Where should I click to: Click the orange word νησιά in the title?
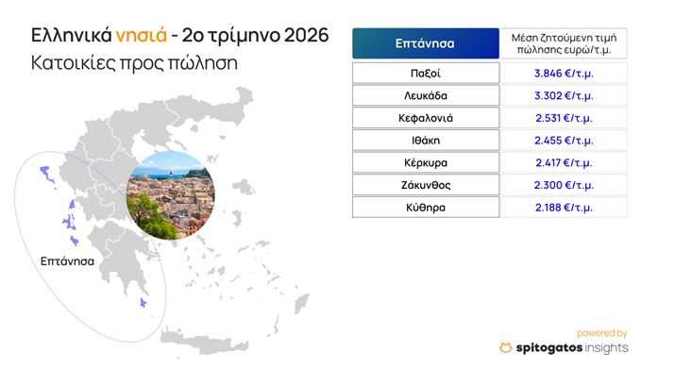(142, 35)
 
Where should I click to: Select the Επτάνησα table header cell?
(426, 43)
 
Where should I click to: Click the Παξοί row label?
(426, 73)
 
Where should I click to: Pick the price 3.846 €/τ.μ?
(564, 73)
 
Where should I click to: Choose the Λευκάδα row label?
(426, 95)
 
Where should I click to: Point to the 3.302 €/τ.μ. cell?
(564, 95)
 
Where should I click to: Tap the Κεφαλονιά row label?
(426, 118)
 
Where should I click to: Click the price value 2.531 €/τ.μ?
(564, 118)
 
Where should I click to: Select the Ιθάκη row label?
(426, 141)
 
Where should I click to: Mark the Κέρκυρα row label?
(426, 162)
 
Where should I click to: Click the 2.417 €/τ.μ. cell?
(564, 162)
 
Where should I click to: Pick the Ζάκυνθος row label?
(426, 185)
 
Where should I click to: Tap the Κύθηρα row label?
(426, 208)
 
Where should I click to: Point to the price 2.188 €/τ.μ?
(564, 208)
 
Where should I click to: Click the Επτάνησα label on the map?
(67, 261)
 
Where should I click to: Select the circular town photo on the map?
(171, 195)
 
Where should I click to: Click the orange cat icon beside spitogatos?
(506, 347)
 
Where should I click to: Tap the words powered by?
(601, 333)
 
